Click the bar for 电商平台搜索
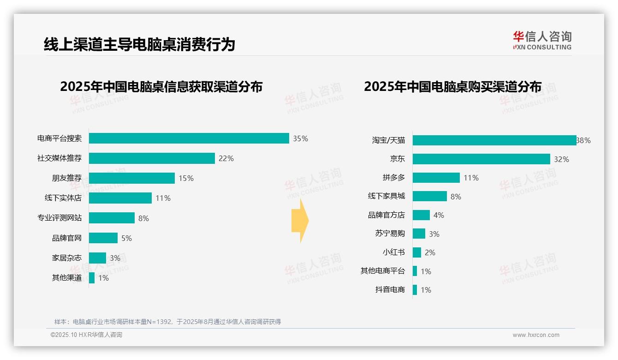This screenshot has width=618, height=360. [x=189, y=138]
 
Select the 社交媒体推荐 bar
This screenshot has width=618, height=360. [x=152, y=158]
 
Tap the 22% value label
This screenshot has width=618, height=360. [x=226, y=158]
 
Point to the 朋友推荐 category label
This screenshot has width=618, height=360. [x=66, y=178]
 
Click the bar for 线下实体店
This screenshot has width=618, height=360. [x=120, y=198]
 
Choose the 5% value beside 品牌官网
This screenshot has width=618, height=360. [x=126, y=238]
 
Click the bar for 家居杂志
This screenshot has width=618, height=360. [x=97, y=258]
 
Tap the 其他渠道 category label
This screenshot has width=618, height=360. [x=66, y=278]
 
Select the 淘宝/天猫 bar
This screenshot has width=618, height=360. [x=494, y=140]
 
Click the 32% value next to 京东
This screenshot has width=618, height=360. [x=561, y=159]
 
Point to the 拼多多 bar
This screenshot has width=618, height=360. [x=436, y=178]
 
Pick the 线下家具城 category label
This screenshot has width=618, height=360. [x=386, y=196]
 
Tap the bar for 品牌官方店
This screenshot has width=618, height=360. [x=421, y=215]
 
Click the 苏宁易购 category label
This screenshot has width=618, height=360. [x=390, y=234]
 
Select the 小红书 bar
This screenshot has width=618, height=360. [x=416, y=252]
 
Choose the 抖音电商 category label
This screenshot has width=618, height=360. [x=390, y=290]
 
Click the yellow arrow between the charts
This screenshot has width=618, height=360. [x=300, y=221]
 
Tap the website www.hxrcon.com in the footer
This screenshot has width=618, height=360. [x=535, y=335]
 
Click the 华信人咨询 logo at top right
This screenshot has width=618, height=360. [x=542, y=40]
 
